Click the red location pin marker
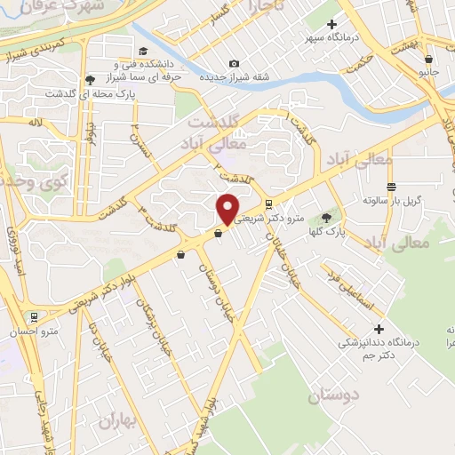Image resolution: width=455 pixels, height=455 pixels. pyautogui.click(x=227, y=209)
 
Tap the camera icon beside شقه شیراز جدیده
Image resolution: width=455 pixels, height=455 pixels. pyautogui.click(x=234, y=63)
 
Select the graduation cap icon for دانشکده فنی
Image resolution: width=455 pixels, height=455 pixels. pyautogui.click(x=142, y=52)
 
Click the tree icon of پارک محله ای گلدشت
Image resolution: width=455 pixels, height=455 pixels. pyautogui.click(x=94, y=80)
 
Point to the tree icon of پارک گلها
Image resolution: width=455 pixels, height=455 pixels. pyautogui.click(x=326, y=217)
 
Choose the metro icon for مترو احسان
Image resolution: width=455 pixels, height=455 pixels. pyautogui.click(x=34, y=316)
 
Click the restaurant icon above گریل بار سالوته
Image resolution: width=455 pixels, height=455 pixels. pyautogui.click(x=391, y=187)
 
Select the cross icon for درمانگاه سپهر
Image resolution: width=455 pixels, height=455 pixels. pyautogui.click(x=331, y=24)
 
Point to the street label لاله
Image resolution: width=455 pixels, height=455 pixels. pyautogui.click(x=36, y=121)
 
